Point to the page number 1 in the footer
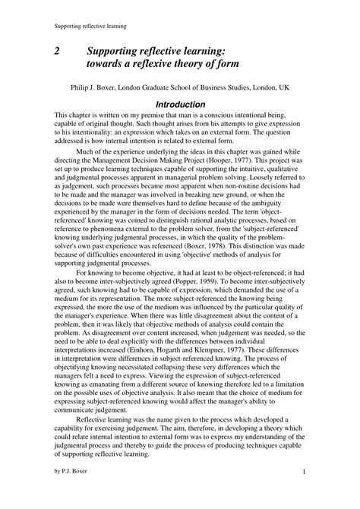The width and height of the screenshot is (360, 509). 303,494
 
